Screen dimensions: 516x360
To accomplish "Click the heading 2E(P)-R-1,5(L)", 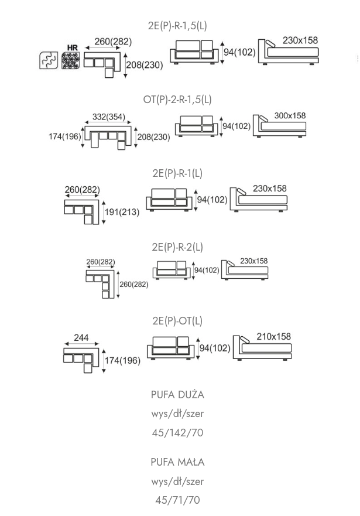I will tap(177, 26).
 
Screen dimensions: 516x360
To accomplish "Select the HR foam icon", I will tap(71, 60).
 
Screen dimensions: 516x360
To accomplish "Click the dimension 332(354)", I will tap(109, 117).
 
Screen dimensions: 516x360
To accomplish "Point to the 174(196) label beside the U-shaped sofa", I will tap(66, 136).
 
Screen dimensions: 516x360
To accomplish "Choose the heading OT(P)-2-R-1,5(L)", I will tap(177, 100).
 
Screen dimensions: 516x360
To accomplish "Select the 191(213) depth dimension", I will tap(122, 212).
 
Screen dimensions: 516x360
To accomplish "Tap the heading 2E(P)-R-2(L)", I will tap(177, 247).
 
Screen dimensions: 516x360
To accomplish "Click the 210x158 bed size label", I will tap(273, 337).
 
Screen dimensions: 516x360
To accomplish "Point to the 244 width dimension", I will tap(81, 339).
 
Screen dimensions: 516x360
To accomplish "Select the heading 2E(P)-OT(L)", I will tap(177, 320).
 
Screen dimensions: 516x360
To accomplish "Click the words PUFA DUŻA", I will tap(177, 395).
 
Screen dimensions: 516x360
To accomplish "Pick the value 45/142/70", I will tap(177, 433).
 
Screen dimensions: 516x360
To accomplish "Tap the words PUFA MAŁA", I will tap(177, 462).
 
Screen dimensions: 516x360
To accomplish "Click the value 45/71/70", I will tap(177, 500).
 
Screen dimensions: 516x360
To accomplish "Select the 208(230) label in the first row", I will tap(145, 65).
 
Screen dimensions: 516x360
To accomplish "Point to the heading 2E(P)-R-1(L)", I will tap(177, 173).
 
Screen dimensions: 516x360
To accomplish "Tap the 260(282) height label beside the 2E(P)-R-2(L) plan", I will tap(134, 285).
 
